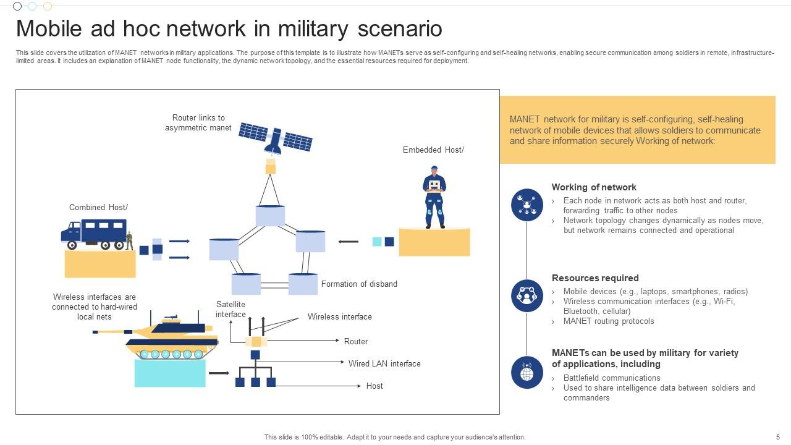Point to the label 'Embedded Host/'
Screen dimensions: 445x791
click(433, 150)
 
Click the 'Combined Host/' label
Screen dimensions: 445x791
click(98, 208)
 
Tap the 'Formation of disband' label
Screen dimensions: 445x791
click(359, 284)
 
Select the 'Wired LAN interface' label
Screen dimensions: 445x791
click(384, 363)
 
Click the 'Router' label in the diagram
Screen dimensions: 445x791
click(356, 341)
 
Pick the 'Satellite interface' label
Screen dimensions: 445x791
click(231, 309)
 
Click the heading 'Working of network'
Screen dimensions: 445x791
click(594, 187)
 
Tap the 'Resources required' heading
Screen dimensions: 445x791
click(595, 278)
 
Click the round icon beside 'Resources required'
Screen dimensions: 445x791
click(527, 295)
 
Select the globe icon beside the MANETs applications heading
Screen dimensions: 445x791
click(527, 372)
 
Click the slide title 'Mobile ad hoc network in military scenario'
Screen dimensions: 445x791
click(229, 29)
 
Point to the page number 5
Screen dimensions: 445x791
click(778, 437)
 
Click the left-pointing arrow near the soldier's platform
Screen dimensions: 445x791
click(349, 242)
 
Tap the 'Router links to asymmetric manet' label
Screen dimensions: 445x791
click(198, 122)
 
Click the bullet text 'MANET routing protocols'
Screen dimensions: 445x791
click(609, 321)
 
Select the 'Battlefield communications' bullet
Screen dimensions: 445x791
click(612, 378)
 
